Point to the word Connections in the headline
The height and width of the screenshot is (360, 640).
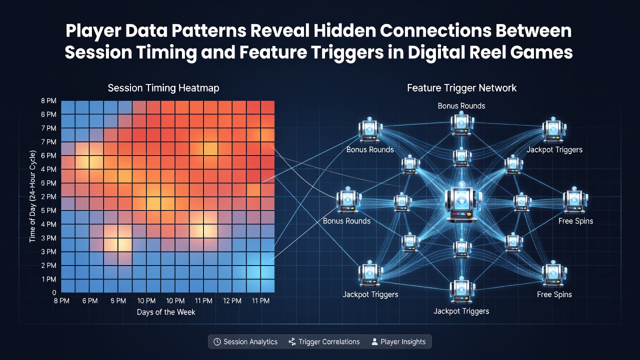point(435,30)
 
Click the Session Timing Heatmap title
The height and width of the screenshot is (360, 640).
point(163,88)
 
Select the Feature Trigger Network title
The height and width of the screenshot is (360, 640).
point(461,88)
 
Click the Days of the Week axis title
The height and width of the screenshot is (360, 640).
point(166,312)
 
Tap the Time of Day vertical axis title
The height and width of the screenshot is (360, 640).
point(32,196)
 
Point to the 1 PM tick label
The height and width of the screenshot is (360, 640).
point(49,279)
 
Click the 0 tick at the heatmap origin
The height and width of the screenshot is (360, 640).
point(54,292)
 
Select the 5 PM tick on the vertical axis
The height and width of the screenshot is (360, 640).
point(48,210)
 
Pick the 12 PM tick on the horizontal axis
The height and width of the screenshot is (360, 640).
point(232,301)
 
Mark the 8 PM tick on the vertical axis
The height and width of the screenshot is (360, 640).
point(48,101)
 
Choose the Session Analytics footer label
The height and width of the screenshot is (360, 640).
point(250,341)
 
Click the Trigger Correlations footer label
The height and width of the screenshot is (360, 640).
point(329,341)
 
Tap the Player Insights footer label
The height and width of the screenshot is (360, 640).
point(403,341)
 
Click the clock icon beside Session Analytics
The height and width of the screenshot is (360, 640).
point(217,341)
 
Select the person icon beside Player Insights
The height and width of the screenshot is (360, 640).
point(374,341)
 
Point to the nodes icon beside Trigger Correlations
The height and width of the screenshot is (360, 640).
point(292,341)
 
